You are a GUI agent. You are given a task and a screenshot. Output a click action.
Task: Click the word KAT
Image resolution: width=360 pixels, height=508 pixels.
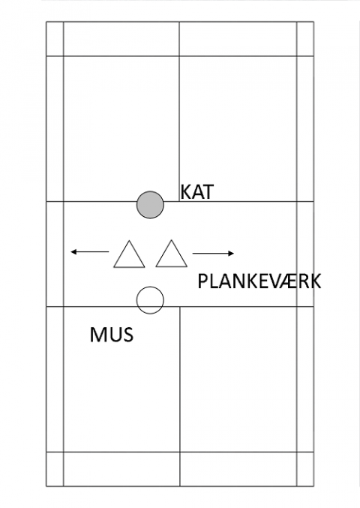click(x=196, y=192)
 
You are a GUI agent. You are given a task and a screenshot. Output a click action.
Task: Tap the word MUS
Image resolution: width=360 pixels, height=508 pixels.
click(x=112, y=335)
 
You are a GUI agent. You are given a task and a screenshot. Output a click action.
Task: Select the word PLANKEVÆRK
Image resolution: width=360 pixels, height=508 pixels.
click(x=259, y=281)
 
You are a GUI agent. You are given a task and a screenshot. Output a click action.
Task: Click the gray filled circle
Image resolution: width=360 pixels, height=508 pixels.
click(x=150, y=205)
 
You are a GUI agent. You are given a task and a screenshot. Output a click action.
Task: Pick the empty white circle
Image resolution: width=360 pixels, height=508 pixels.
click(x=150, y=300)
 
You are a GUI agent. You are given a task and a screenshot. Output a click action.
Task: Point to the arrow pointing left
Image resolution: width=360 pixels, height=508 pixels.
click(x=90, y=251)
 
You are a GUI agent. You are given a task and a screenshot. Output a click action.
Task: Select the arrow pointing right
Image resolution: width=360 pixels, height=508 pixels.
click(x=213, y=254)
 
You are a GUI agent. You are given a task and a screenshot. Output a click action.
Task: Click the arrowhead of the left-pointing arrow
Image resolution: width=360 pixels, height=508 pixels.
click(x=73, y=251)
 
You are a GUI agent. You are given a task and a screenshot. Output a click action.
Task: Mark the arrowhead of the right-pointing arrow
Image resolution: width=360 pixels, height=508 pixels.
click(x=231, y=254)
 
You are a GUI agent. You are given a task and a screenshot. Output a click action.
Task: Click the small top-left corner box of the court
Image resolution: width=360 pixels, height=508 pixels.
click(x=55, y=39)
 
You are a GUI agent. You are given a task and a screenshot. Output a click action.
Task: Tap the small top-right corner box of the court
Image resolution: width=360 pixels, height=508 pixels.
click(x=305, y=39)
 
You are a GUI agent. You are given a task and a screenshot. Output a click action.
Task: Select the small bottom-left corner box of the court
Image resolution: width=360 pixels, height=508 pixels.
click(x=55, y=469)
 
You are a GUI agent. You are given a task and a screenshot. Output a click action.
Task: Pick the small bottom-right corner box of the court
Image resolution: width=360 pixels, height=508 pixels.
click(x=305, y=469)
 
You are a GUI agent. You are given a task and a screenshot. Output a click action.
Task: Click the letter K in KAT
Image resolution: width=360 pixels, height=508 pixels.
click(x=184, y=192)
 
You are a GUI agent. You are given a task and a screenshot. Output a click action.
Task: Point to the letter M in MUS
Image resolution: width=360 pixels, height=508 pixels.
click(x=97, y=335)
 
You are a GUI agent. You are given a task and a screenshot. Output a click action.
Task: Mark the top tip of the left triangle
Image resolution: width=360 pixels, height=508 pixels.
click(x=129, y=240)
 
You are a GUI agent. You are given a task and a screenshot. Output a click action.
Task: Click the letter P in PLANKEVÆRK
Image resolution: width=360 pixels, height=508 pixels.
click(x=202, y=281)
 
